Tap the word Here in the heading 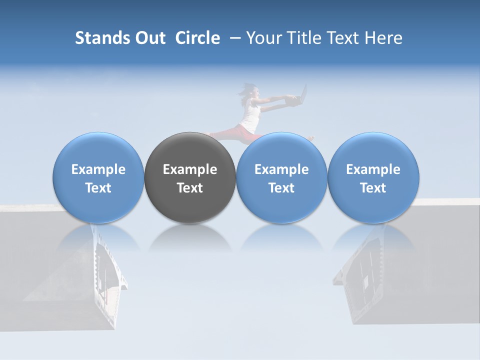pos(383,38)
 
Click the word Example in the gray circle pos(190,169)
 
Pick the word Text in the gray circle pos(190,188)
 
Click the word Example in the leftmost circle pos(98,169)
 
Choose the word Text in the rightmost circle pos(373,188)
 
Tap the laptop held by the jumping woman pos(300,96)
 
